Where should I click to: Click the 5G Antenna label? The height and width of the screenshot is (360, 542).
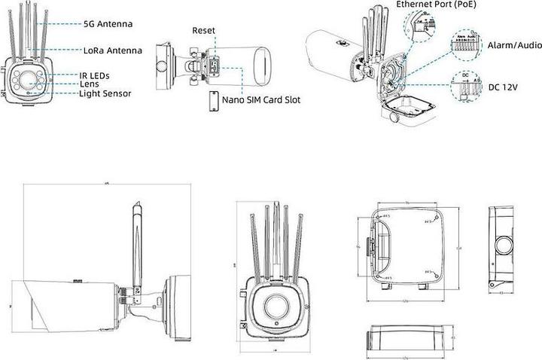108,24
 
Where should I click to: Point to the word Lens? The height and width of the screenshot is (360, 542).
90,84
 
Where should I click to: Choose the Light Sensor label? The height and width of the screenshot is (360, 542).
105,93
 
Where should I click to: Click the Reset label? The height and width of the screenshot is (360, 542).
203,31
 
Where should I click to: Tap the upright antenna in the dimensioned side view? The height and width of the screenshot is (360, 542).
137,241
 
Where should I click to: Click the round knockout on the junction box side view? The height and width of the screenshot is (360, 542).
503,246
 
